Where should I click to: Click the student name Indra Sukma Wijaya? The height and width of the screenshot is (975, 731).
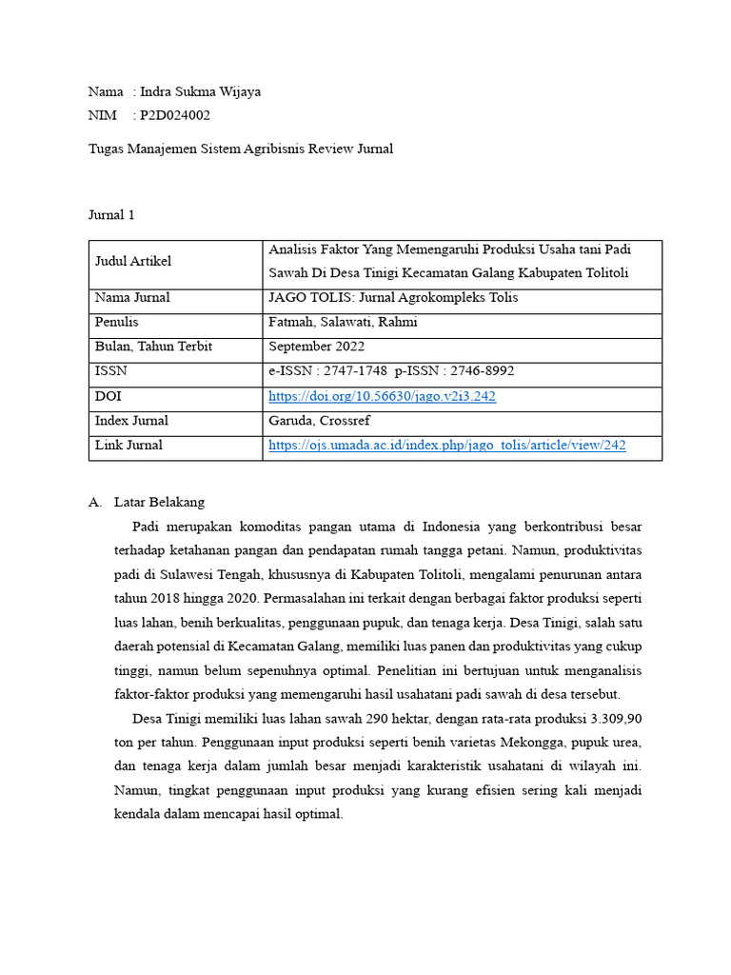click(200, 91)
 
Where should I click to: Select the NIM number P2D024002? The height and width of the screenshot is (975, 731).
click(175, 115)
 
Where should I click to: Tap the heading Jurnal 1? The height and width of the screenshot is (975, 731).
click(111, 215)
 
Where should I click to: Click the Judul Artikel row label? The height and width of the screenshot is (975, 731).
click(133, 261)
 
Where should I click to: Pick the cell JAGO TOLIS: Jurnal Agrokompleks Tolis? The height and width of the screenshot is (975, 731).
click(393, 298)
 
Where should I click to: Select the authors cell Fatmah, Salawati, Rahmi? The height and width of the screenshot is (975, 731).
click(343, 323)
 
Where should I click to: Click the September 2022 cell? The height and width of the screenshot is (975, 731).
click(316, 347)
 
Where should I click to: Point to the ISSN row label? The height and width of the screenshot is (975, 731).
click(110, 371)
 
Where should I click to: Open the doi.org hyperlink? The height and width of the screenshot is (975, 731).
click(382, 396)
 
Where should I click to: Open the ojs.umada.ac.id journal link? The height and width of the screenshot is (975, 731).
click(446, 445)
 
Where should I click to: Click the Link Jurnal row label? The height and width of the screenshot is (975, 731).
click(128, 445)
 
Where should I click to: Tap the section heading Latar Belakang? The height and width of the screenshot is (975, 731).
click(159, 502)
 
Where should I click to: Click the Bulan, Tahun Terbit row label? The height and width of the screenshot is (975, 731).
click(153, 347)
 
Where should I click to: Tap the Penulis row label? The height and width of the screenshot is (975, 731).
click(117, 323)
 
